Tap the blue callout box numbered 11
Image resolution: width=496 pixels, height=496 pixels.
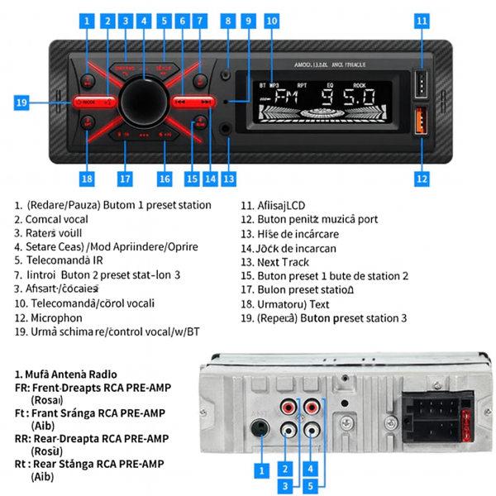[x=422, y=20]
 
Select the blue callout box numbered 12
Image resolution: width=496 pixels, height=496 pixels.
[x=422, y=177]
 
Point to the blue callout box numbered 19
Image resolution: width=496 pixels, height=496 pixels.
[x=22, y=103]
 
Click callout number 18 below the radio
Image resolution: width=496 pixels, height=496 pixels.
[x=87, y=177]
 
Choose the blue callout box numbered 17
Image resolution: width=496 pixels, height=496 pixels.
[x=125, y=177]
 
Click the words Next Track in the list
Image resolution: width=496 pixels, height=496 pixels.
[x=286, y=261]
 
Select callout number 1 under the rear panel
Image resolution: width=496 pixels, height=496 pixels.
[x=262, y=470]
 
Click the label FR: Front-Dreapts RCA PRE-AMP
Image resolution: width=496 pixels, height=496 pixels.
[x=96, y=386]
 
